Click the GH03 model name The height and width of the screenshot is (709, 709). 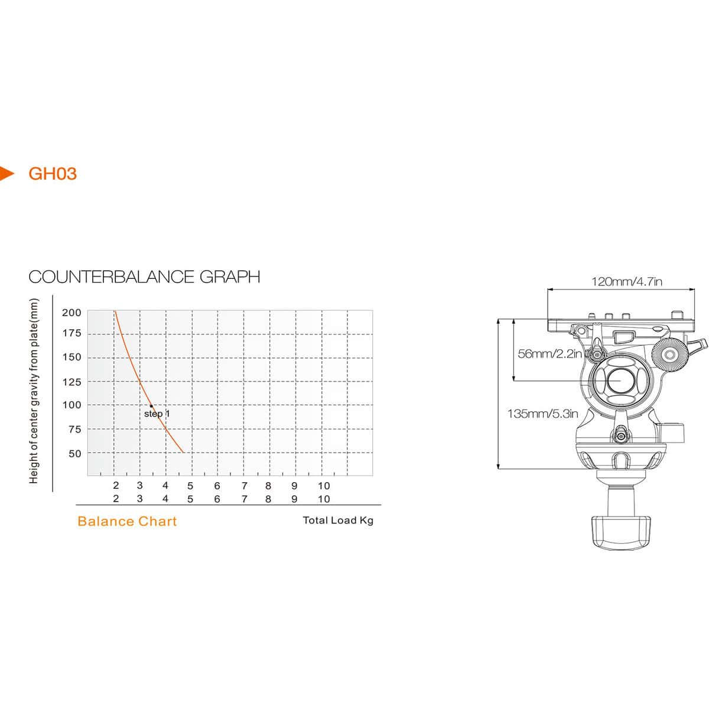pyautogui.click(x=53, y=174)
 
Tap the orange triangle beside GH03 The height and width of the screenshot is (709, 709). pyautogui.click(x=6, y=173)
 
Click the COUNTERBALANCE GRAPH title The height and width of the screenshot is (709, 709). pyautogui.click(x=144, y=277)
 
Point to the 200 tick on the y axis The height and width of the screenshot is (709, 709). pyautogui.click(x=71, y=313)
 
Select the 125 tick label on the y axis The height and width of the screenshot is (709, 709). pyautogui.click(x=71, y=382)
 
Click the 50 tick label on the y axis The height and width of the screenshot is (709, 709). pyautogui.click(x=74, y=454)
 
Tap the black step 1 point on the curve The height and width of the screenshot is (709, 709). pyautogui.click(x=151, y=406)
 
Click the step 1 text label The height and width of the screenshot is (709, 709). pyautogui.click(x=157, y=414)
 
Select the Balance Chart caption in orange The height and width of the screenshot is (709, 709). pyautogui.click(x=127, y=521)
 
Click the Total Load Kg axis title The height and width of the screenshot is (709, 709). pyautogui.click(x=338, y=521)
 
